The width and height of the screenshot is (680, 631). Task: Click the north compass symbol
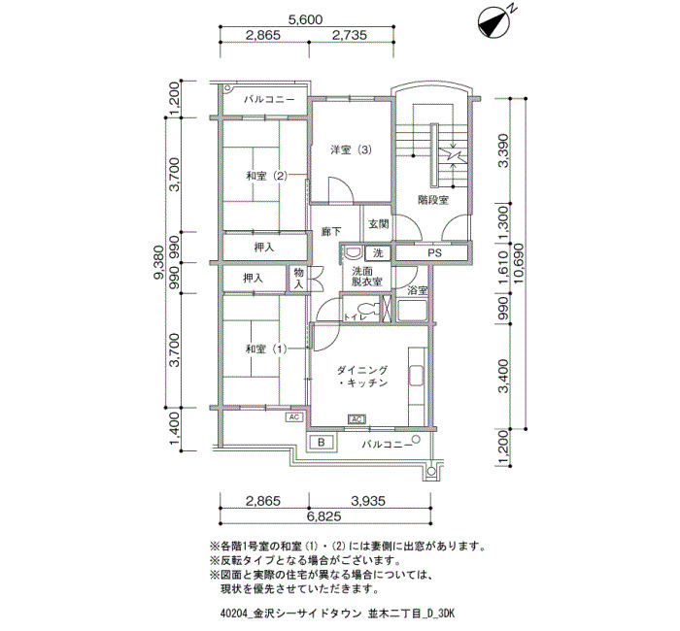point(493,22)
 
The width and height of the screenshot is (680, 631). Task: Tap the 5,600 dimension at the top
point(306,20)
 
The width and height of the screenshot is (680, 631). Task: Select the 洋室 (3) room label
point(352,150)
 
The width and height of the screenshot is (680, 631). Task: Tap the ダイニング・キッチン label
point(362,377)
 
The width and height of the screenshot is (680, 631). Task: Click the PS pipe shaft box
point(432,252)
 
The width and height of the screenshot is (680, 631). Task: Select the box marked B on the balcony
point(322,443)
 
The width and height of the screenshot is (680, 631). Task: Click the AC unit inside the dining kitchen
point(357,419)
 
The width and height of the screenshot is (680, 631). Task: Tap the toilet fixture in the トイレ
point(368,308)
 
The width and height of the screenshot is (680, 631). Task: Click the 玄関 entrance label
point(379,224)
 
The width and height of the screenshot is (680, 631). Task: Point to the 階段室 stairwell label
point(433,200)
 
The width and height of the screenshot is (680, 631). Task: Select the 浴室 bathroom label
point(418,290)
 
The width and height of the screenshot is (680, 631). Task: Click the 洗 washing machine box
point(378,253)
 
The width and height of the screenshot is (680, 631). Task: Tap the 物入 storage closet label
point(299,279)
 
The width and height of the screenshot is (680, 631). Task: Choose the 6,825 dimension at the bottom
point(323,516)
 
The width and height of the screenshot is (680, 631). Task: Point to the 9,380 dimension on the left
point(159,263)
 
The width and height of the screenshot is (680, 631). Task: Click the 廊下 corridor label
point(331,232)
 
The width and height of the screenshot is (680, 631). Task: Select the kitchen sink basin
point(417,376)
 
